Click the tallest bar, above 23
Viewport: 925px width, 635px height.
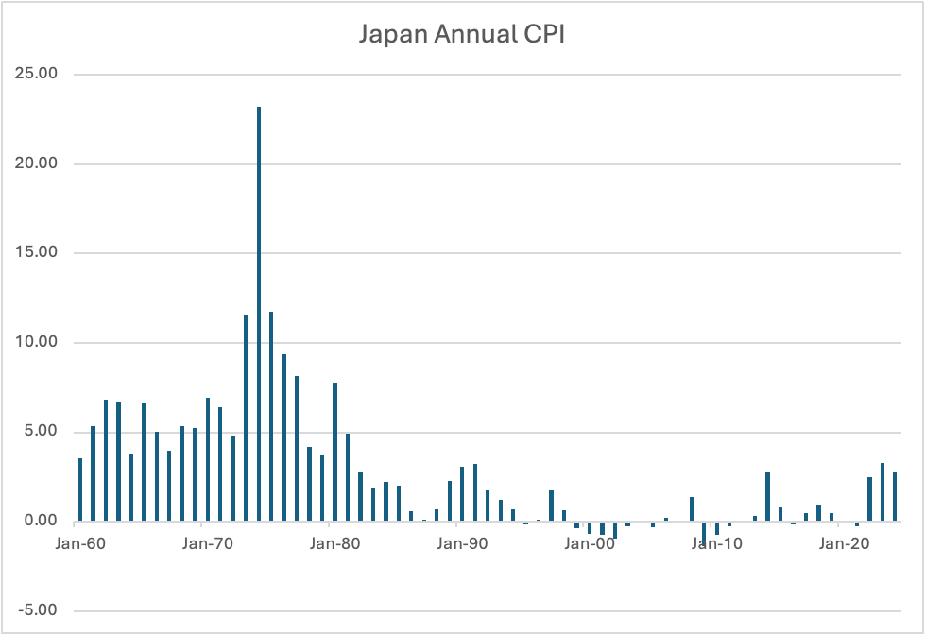coord(259,312)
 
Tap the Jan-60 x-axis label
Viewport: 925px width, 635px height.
coord(79,544)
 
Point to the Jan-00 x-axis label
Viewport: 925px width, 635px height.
coord(590,544)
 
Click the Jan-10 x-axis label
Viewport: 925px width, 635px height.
coord(716,544)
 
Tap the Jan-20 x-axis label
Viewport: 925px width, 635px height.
coord(844,544)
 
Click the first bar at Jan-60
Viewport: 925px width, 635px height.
coord(80,489)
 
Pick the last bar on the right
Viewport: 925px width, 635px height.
coord(895,497)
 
